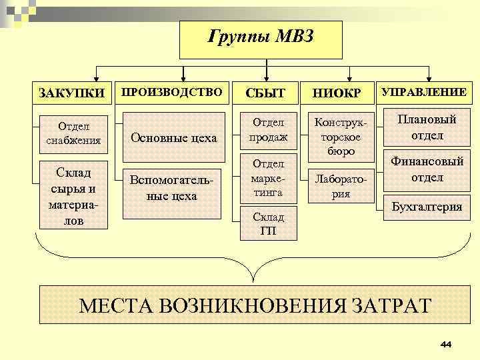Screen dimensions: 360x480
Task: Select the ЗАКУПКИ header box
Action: click(72, 93)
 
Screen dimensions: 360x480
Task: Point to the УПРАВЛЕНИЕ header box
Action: click(424, 92)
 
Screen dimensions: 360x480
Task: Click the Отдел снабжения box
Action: click(73, 133)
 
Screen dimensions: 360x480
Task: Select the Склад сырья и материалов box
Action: click(73, 194)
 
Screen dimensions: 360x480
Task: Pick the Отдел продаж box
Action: click(269, 130)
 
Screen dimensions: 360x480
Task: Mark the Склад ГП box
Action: click(269, 223)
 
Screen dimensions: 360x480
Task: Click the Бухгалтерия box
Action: click(427, 207)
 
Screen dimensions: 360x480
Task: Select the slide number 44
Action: click(446, 344)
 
